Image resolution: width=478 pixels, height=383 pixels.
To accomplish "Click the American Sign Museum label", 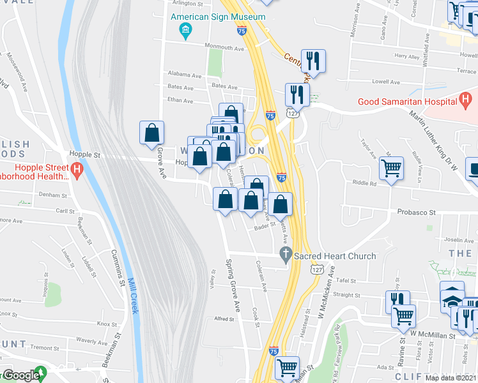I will (x=219, y=17).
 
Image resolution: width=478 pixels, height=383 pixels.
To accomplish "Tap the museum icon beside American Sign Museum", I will (x=185, y=30).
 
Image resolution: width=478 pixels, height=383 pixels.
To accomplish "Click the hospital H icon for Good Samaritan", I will (x=466, y=100).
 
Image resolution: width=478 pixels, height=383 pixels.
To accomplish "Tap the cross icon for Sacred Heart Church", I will (x=286, y=255).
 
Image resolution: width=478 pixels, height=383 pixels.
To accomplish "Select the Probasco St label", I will (x=415, y=212).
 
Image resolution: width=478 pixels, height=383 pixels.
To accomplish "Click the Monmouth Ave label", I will (x=224, y=47).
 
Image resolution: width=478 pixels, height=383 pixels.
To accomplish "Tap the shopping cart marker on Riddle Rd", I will (x=391, y=169).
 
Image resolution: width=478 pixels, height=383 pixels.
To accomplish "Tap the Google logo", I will (x=20, y=375).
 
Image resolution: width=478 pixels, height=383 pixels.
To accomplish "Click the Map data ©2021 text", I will (x=451, y=378).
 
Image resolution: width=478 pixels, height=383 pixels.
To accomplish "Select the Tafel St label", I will (x=345, y=280).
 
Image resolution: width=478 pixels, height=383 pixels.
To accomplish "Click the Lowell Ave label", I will (x=385, y=82).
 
